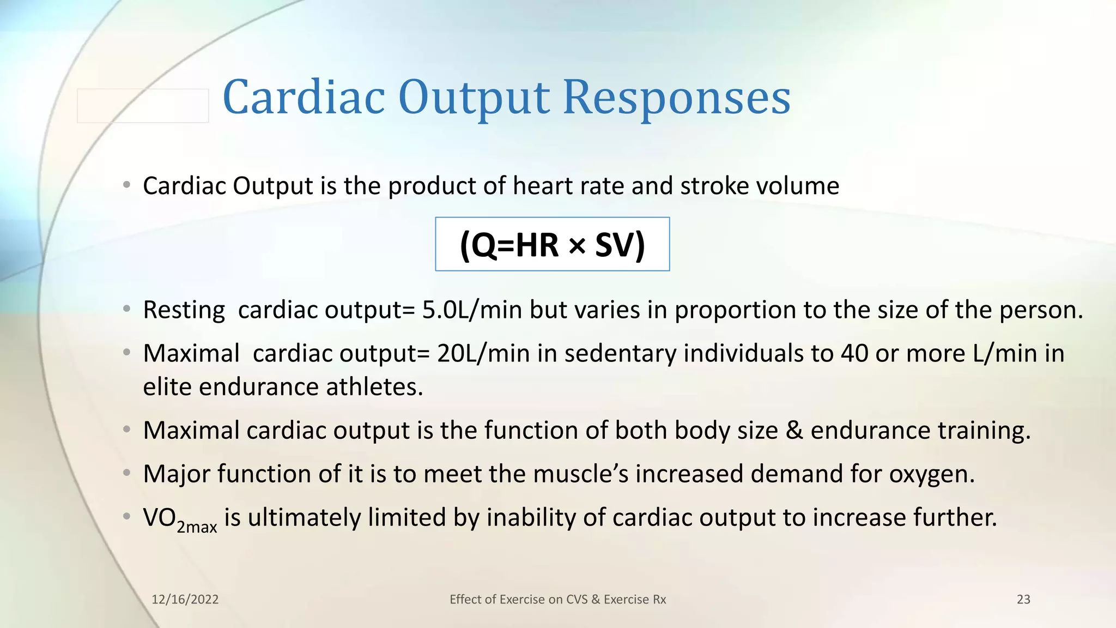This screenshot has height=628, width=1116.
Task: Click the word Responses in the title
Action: pyautogui.click(x=676, y=98)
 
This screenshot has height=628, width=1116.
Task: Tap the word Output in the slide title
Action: pyautogui.click(x=474, y=98)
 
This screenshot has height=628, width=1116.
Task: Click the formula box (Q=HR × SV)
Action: pyautogui.click(x=552, y=245)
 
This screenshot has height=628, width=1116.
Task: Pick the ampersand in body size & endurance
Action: pyautogui.click(x=794, y=431)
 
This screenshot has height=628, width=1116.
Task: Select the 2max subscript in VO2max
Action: pyautogui.click(x=197, y=527)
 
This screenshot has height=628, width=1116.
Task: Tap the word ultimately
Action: pyautogui.click(x=304, y=518)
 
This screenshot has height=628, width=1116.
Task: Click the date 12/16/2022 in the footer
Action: pyautogui.click(x=185, y=600)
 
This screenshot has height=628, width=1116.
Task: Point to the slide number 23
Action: pyautogui.click(x=1023, y=600)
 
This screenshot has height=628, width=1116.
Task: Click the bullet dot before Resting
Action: pyautogui.click(x=126, y=309)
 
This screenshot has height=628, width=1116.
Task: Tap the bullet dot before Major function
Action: pyautogui.click(x=126, y=473)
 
